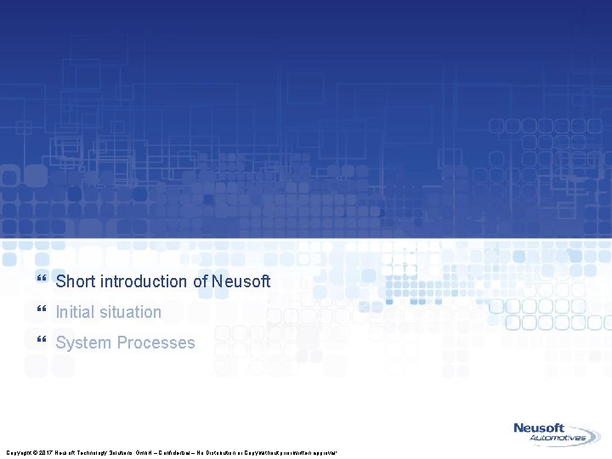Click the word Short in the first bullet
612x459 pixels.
click(75, 281)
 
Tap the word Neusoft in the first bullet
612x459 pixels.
click(241, 281)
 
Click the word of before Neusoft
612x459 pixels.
click(200, 281)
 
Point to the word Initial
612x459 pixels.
click(74, 312)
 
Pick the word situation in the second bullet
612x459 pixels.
click(129, 312)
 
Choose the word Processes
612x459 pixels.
click(156, 343)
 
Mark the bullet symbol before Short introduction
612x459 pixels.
click(42, 280)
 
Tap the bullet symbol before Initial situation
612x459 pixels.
click(42, 311)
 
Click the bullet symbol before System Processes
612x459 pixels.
click(42, 342)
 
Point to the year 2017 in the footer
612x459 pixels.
click(46, 452)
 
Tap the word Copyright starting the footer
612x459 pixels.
click(16, 452)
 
